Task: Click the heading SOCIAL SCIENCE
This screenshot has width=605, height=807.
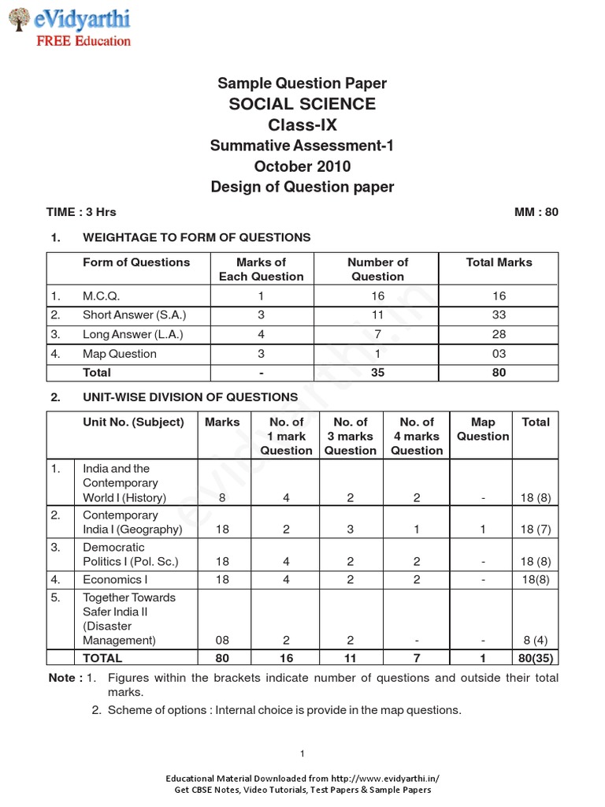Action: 302,104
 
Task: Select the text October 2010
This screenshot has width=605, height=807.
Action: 302,166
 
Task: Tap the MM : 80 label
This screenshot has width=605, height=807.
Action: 536,212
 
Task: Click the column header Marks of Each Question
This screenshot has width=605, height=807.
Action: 261,270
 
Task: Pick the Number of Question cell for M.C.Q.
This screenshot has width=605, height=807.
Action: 377,296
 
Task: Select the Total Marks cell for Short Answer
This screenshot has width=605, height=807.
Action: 499,315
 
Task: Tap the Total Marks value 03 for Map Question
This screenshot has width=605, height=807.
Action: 499,354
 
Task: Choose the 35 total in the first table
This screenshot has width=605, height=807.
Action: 377,373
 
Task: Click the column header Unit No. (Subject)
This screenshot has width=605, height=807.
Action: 133,422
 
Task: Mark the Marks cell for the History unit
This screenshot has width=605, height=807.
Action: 222,497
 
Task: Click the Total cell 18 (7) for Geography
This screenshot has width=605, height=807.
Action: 535,530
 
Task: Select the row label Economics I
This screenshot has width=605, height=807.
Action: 115,579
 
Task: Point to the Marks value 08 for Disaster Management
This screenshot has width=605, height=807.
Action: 222,641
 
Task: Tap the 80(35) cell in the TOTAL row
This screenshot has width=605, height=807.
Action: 535,658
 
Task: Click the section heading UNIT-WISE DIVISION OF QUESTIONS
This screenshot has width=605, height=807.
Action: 190,397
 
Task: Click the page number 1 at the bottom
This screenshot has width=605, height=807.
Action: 302,753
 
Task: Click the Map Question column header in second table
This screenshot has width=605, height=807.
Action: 483,430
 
